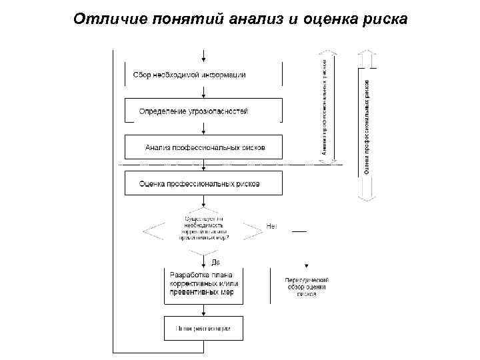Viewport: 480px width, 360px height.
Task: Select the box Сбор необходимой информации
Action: (x=190, y=75)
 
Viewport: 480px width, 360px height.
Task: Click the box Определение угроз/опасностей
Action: (x=194, y=111)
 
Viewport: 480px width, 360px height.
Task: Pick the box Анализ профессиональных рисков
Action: (x=204, y=147)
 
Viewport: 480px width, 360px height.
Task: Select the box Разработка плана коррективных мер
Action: (x=203, y=285)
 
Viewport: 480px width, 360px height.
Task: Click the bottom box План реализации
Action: (x=203, y=328)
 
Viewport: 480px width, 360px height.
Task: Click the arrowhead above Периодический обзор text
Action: (x=307, y=264)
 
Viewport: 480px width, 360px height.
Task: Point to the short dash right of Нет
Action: (x=299, y=231)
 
